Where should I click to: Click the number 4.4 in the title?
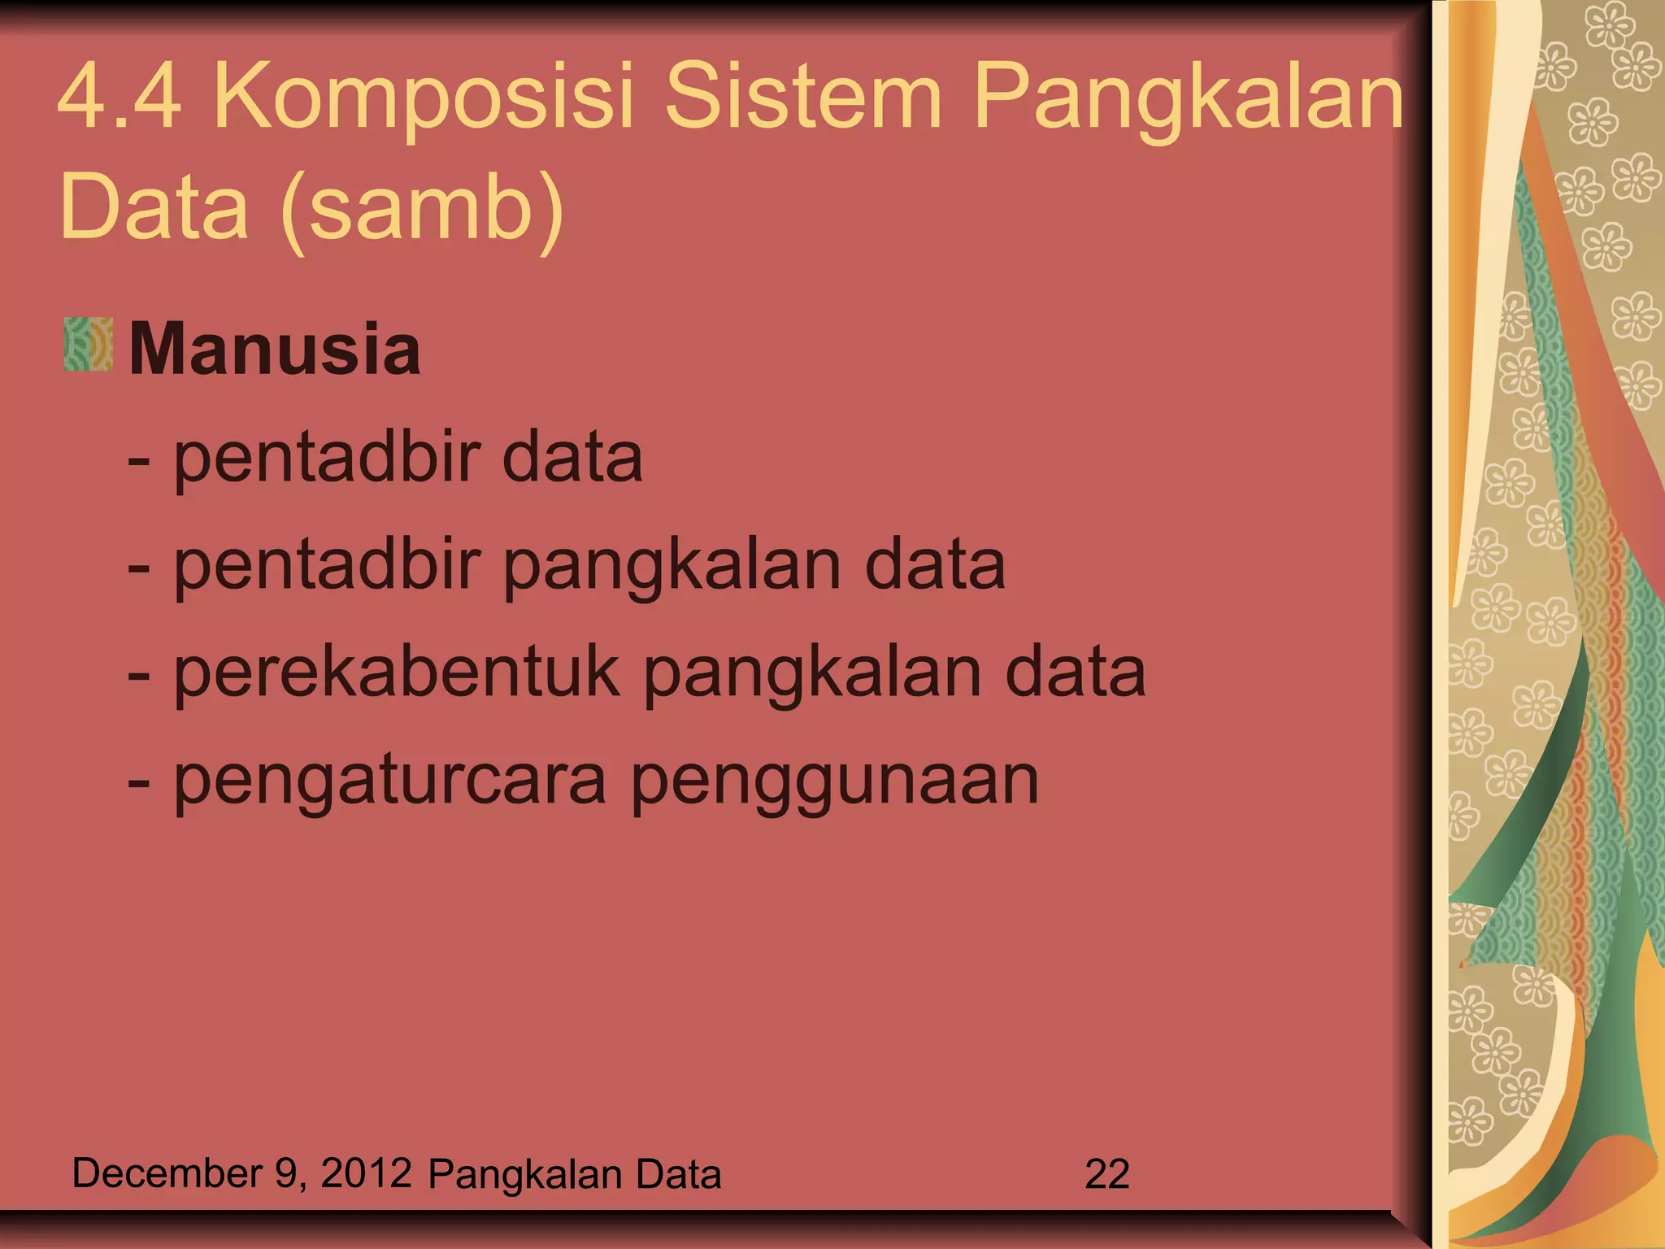(x=119, y=98)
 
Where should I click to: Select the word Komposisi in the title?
(x=422, y=98)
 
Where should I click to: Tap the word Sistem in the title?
(x=804, y=98)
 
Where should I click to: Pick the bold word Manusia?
(x=275, y=350)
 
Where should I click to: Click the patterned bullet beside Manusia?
(x=88, y=345)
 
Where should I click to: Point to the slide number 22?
(x=1106, y=1174)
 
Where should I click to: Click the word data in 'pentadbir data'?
(x=572, y=457)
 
